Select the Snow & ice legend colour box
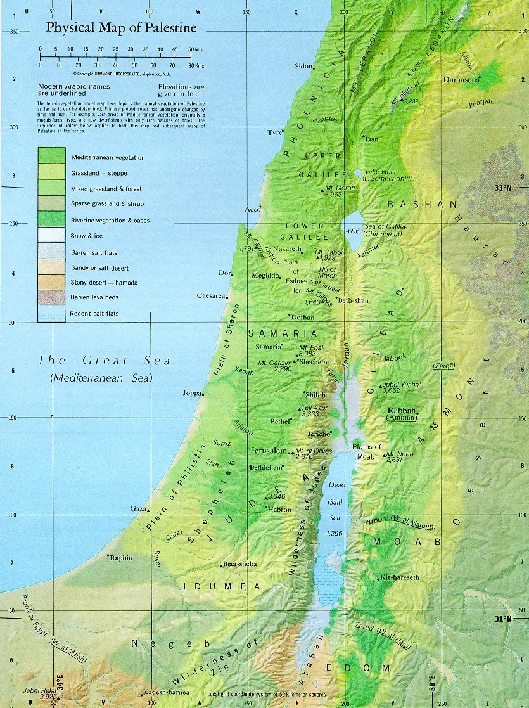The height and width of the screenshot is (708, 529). point(51,235)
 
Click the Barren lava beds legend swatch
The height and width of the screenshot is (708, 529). point(51,297)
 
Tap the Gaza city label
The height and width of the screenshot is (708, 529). point(138,509)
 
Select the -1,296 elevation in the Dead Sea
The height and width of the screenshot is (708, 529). point(333,534)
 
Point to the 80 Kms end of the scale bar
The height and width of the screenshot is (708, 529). point(191,64)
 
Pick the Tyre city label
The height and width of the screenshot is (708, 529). point(273,132)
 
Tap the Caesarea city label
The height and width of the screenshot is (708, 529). point(211,296)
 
